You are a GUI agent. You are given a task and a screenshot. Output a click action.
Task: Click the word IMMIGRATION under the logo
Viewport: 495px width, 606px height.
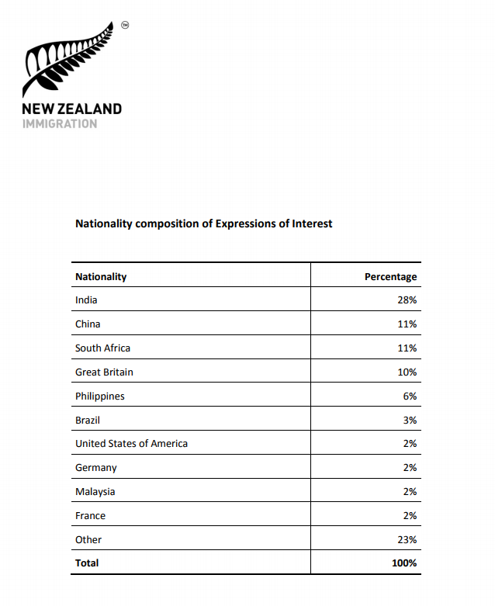(x=60, y=123)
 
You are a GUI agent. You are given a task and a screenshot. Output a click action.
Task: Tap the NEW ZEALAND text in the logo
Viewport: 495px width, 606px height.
(x=71, y=109)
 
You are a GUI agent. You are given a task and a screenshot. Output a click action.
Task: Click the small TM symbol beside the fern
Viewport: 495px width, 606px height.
(x=125, y=25)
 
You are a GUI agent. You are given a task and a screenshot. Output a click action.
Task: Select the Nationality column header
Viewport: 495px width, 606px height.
(x=101, y=276)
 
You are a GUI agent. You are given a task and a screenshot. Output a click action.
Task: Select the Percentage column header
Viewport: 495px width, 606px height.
(x=390, y=276)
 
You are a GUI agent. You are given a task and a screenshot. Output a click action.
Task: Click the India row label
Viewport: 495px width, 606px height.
(x=86, y=300)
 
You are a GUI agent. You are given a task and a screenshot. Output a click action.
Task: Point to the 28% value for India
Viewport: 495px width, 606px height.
(x=407, y=300)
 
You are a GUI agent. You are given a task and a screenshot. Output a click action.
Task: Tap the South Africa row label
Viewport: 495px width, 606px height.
(x=102, y=348)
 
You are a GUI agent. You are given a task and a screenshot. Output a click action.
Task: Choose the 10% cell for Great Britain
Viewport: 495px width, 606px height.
(x=407, y=372)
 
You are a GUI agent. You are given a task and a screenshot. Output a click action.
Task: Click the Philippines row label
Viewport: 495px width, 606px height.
(x=99, y=396)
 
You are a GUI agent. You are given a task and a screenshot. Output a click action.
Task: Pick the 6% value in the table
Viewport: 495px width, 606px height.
(x=410, y=396)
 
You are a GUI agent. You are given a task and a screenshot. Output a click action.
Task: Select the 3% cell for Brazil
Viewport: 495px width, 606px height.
(x=410, y=420)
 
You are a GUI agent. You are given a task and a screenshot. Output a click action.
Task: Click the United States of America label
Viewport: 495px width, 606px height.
(x=131, y=444)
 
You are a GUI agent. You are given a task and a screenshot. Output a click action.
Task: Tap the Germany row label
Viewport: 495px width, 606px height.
(x=95, y=468)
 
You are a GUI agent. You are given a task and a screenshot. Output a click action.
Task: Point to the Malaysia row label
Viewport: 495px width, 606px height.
(x=95, y=492)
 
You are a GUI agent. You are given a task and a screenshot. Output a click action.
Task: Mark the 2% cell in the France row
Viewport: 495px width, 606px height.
(x=410, y=516)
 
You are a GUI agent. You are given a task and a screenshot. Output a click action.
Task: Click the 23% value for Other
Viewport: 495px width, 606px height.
(x=407, y=540)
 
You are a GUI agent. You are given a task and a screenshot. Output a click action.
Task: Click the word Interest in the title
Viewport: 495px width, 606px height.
(x=312, y=223)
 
